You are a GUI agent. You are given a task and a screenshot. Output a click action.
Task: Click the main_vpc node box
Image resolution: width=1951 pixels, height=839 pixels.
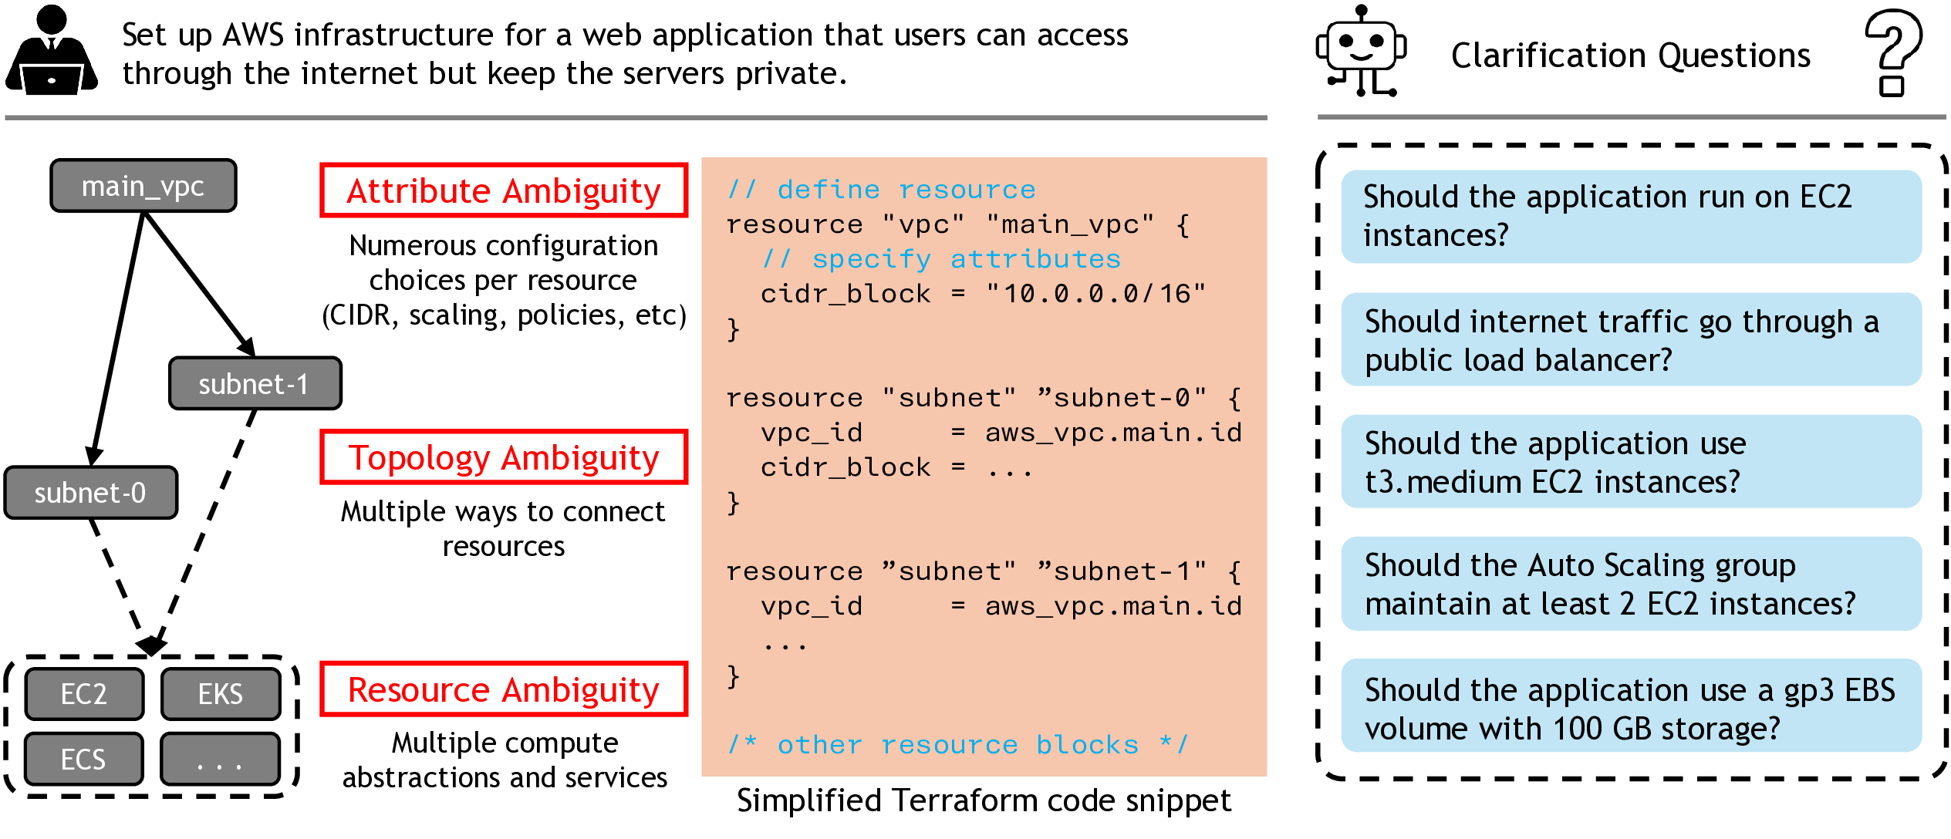coord(143,186)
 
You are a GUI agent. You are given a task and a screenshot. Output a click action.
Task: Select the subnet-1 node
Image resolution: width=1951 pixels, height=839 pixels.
coord(255,383)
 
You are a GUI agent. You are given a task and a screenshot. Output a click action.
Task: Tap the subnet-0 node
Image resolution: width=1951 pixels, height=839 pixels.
coord(90,493)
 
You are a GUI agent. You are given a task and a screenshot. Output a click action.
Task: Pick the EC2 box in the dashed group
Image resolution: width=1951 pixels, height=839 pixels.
coord(84,694)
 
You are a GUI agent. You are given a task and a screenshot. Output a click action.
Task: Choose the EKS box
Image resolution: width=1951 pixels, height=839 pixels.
coord(221,694)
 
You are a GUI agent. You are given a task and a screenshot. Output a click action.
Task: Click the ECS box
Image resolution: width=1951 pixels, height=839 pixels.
coord(84,760)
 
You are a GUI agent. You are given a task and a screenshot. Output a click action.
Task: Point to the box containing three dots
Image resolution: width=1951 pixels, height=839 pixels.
coord(221,760)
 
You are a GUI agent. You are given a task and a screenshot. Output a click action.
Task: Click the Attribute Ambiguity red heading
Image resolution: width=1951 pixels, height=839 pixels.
coord(503,190)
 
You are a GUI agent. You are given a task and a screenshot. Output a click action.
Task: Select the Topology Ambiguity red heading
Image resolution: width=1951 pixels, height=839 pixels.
coord(503,457)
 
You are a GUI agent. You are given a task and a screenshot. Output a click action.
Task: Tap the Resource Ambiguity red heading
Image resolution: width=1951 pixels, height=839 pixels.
coord(503,689)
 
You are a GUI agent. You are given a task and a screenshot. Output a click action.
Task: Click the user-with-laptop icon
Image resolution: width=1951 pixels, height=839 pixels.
coord(52,51)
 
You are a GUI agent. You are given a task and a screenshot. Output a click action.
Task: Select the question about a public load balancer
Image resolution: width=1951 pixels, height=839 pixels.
coord(1630,340)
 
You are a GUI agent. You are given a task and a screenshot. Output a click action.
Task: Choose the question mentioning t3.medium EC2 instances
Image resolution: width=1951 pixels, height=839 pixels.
coord(1630,462)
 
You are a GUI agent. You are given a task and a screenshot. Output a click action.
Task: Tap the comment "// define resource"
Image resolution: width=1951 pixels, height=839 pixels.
coord(881,190)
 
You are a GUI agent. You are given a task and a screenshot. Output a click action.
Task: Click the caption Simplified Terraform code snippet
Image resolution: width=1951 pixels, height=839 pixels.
coord(984,801)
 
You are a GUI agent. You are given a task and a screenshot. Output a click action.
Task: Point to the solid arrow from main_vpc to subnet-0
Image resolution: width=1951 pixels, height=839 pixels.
coord(117,339)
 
